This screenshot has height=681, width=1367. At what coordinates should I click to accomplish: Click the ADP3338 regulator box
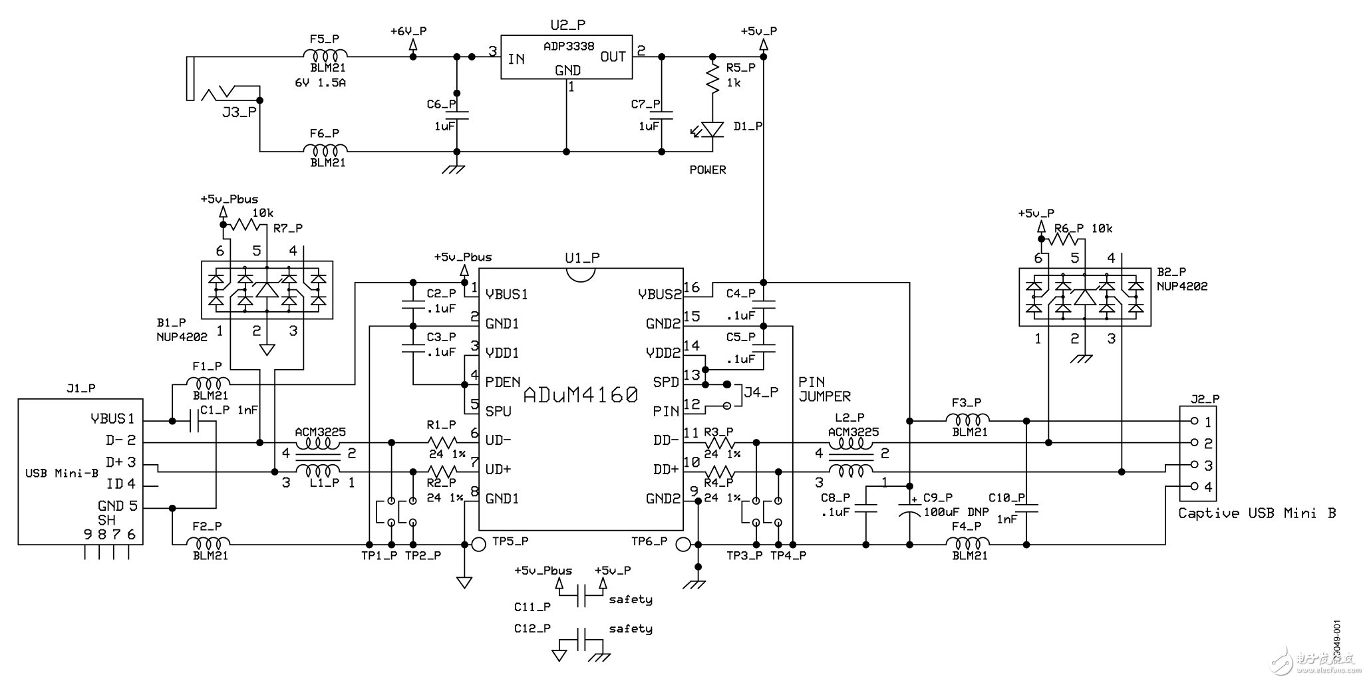point(566,57)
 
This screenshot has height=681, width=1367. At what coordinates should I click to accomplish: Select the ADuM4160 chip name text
point(581,396)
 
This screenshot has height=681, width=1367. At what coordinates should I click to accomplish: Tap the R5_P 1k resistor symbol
point(712,78)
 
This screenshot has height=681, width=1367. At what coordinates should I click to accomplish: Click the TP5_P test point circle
point(478,545)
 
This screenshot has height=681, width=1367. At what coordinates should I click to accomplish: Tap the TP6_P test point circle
point(683,545)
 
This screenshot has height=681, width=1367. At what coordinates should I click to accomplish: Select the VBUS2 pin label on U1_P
point(660,294)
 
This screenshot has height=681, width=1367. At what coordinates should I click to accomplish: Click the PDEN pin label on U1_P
point(503,382)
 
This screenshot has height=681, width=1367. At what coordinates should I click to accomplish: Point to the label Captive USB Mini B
point(1257,513)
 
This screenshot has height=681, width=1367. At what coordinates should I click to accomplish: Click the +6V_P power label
point(408,31)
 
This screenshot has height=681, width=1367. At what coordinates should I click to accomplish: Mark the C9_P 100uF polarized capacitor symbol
point(909,510)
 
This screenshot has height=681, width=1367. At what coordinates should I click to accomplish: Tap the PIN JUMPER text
point(824,389)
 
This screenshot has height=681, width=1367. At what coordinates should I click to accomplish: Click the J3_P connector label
point(239,112)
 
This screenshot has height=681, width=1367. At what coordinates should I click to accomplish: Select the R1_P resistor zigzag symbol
point(442,443)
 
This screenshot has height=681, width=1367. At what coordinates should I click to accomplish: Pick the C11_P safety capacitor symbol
point(581,597)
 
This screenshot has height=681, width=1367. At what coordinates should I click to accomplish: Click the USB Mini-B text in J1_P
point(62,474)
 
